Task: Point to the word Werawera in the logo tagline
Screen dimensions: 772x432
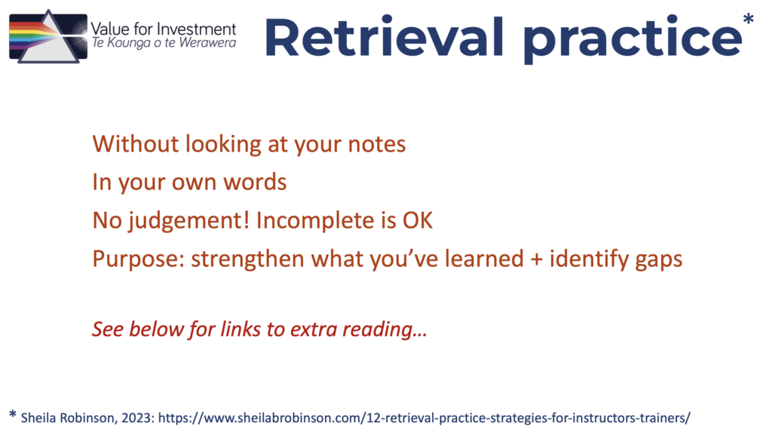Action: [208, 43]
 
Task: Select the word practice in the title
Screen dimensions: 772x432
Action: [633, 40]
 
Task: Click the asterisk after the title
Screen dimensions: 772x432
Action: [749, 20]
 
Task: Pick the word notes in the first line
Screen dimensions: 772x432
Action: [377, 145]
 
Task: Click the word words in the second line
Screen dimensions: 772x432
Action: [255, 182]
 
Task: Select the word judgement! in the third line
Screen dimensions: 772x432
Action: [189, 221]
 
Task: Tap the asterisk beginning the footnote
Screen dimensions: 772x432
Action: [13, 415]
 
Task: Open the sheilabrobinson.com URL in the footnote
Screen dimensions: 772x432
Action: [424, 418]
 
